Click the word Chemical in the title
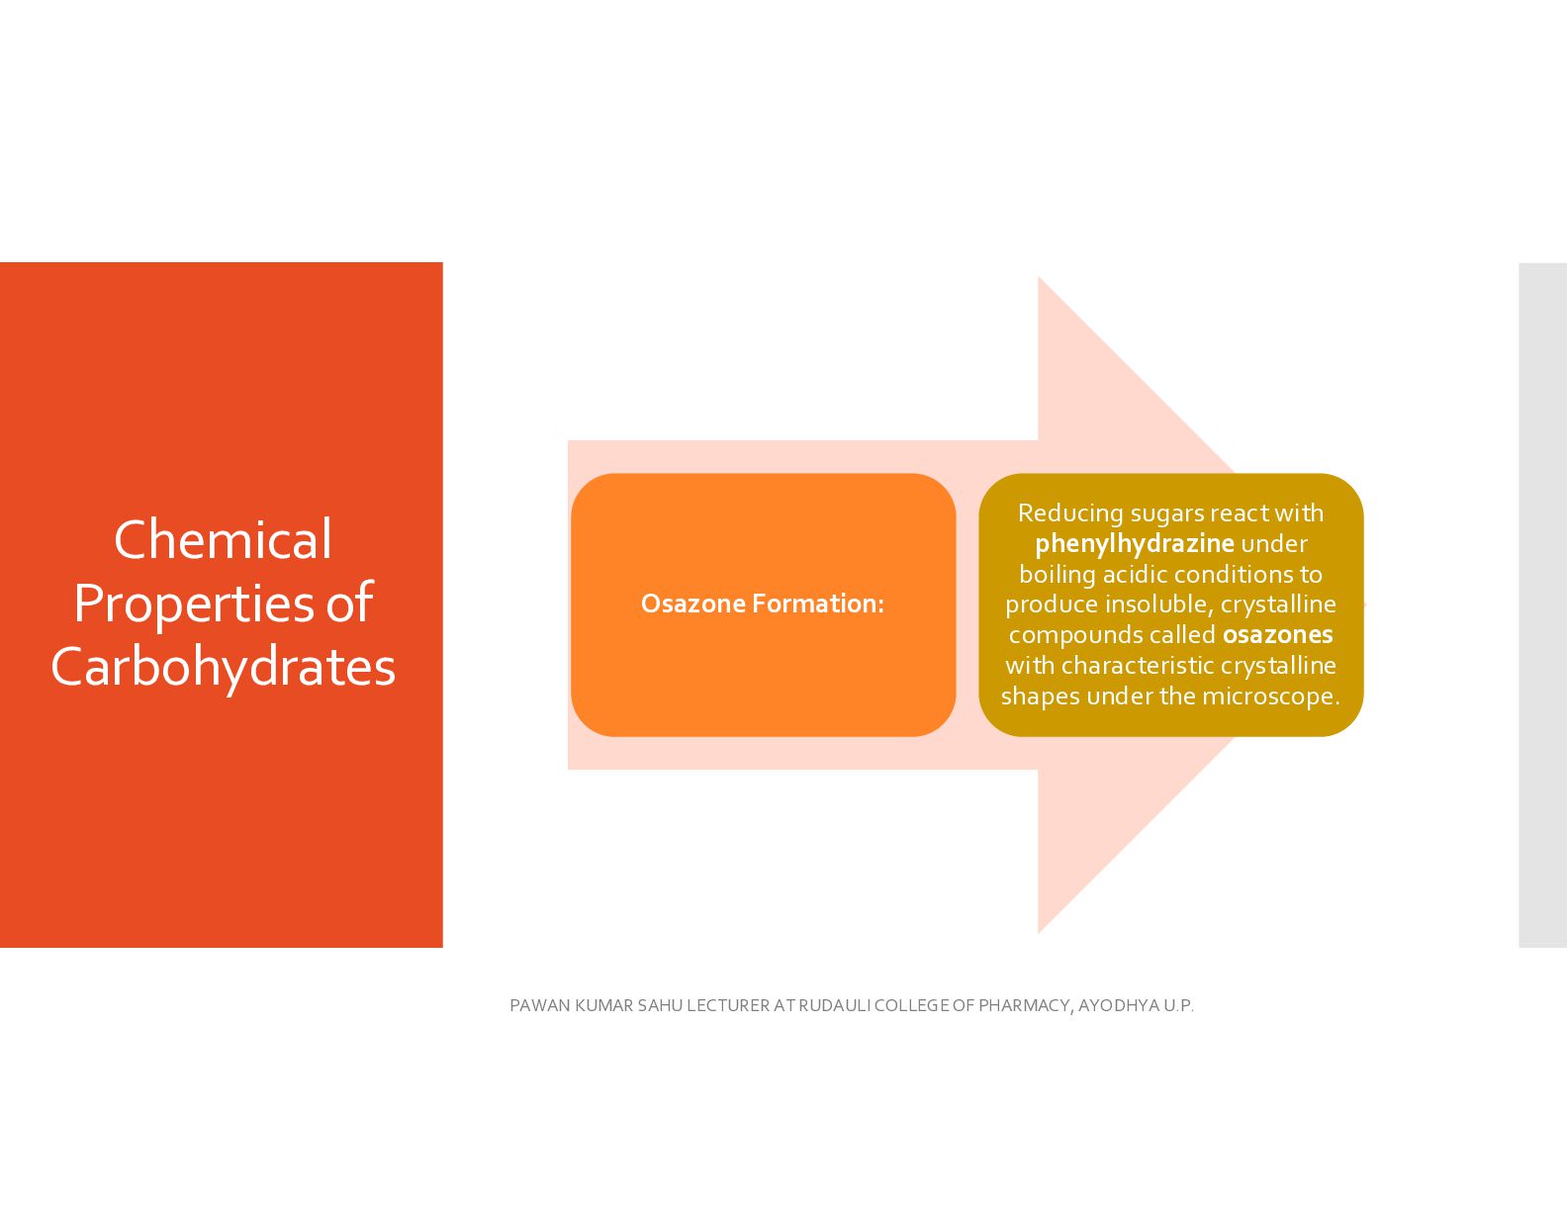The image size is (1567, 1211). coord(223,539)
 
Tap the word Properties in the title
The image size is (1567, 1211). coord(193,603)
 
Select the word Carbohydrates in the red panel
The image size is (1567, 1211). coord(223,667)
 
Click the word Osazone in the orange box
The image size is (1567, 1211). coord(693,604)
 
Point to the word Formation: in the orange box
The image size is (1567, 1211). coord(818,604)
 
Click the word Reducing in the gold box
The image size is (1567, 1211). coord(1070,514)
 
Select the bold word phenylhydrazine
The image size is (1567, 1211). coord(1135,544)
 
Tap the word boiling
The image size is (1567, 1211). coord(1058,575)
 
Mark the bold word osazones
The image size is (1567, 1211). coord(1278,635)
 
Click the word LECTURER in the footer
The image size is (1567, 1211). coord(728,1005)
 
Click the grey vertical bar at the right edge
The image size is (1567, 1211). coord(1543,605)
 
